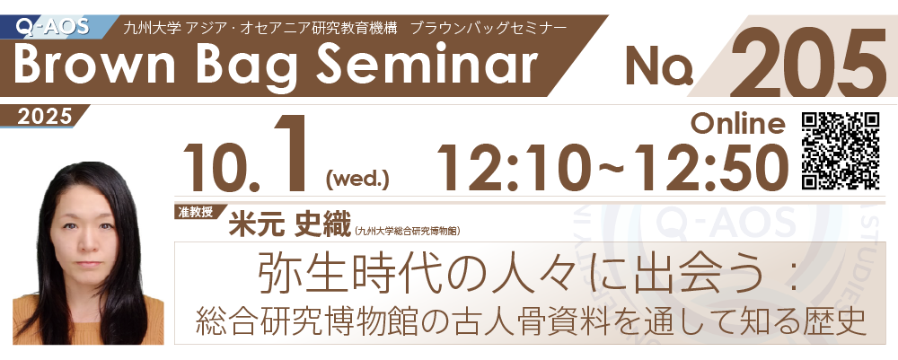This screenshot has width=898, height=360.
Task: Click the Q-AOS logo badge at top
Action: pyautogui.click(x=53, y=26)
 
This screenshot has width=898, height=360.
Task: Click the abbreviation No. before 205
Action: pyautogui.click(x=658, y=66)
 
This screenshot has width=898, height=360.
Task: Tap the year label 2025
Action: pyautogui.click(x=45, y=117)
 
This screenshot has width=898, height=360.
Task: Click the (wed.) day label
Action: pyautogui.click(x=357, y=180)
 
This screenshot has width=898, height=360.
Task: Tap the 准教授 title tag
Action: pyautogui.click(x=194, y=211)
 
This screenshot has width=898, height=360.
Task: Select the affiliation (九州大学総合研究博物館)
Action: pyautogui.click(x=408, y=231)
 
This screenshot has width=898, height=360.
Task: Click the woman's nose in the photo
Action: pyautogui.click(x=88, y=239)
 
